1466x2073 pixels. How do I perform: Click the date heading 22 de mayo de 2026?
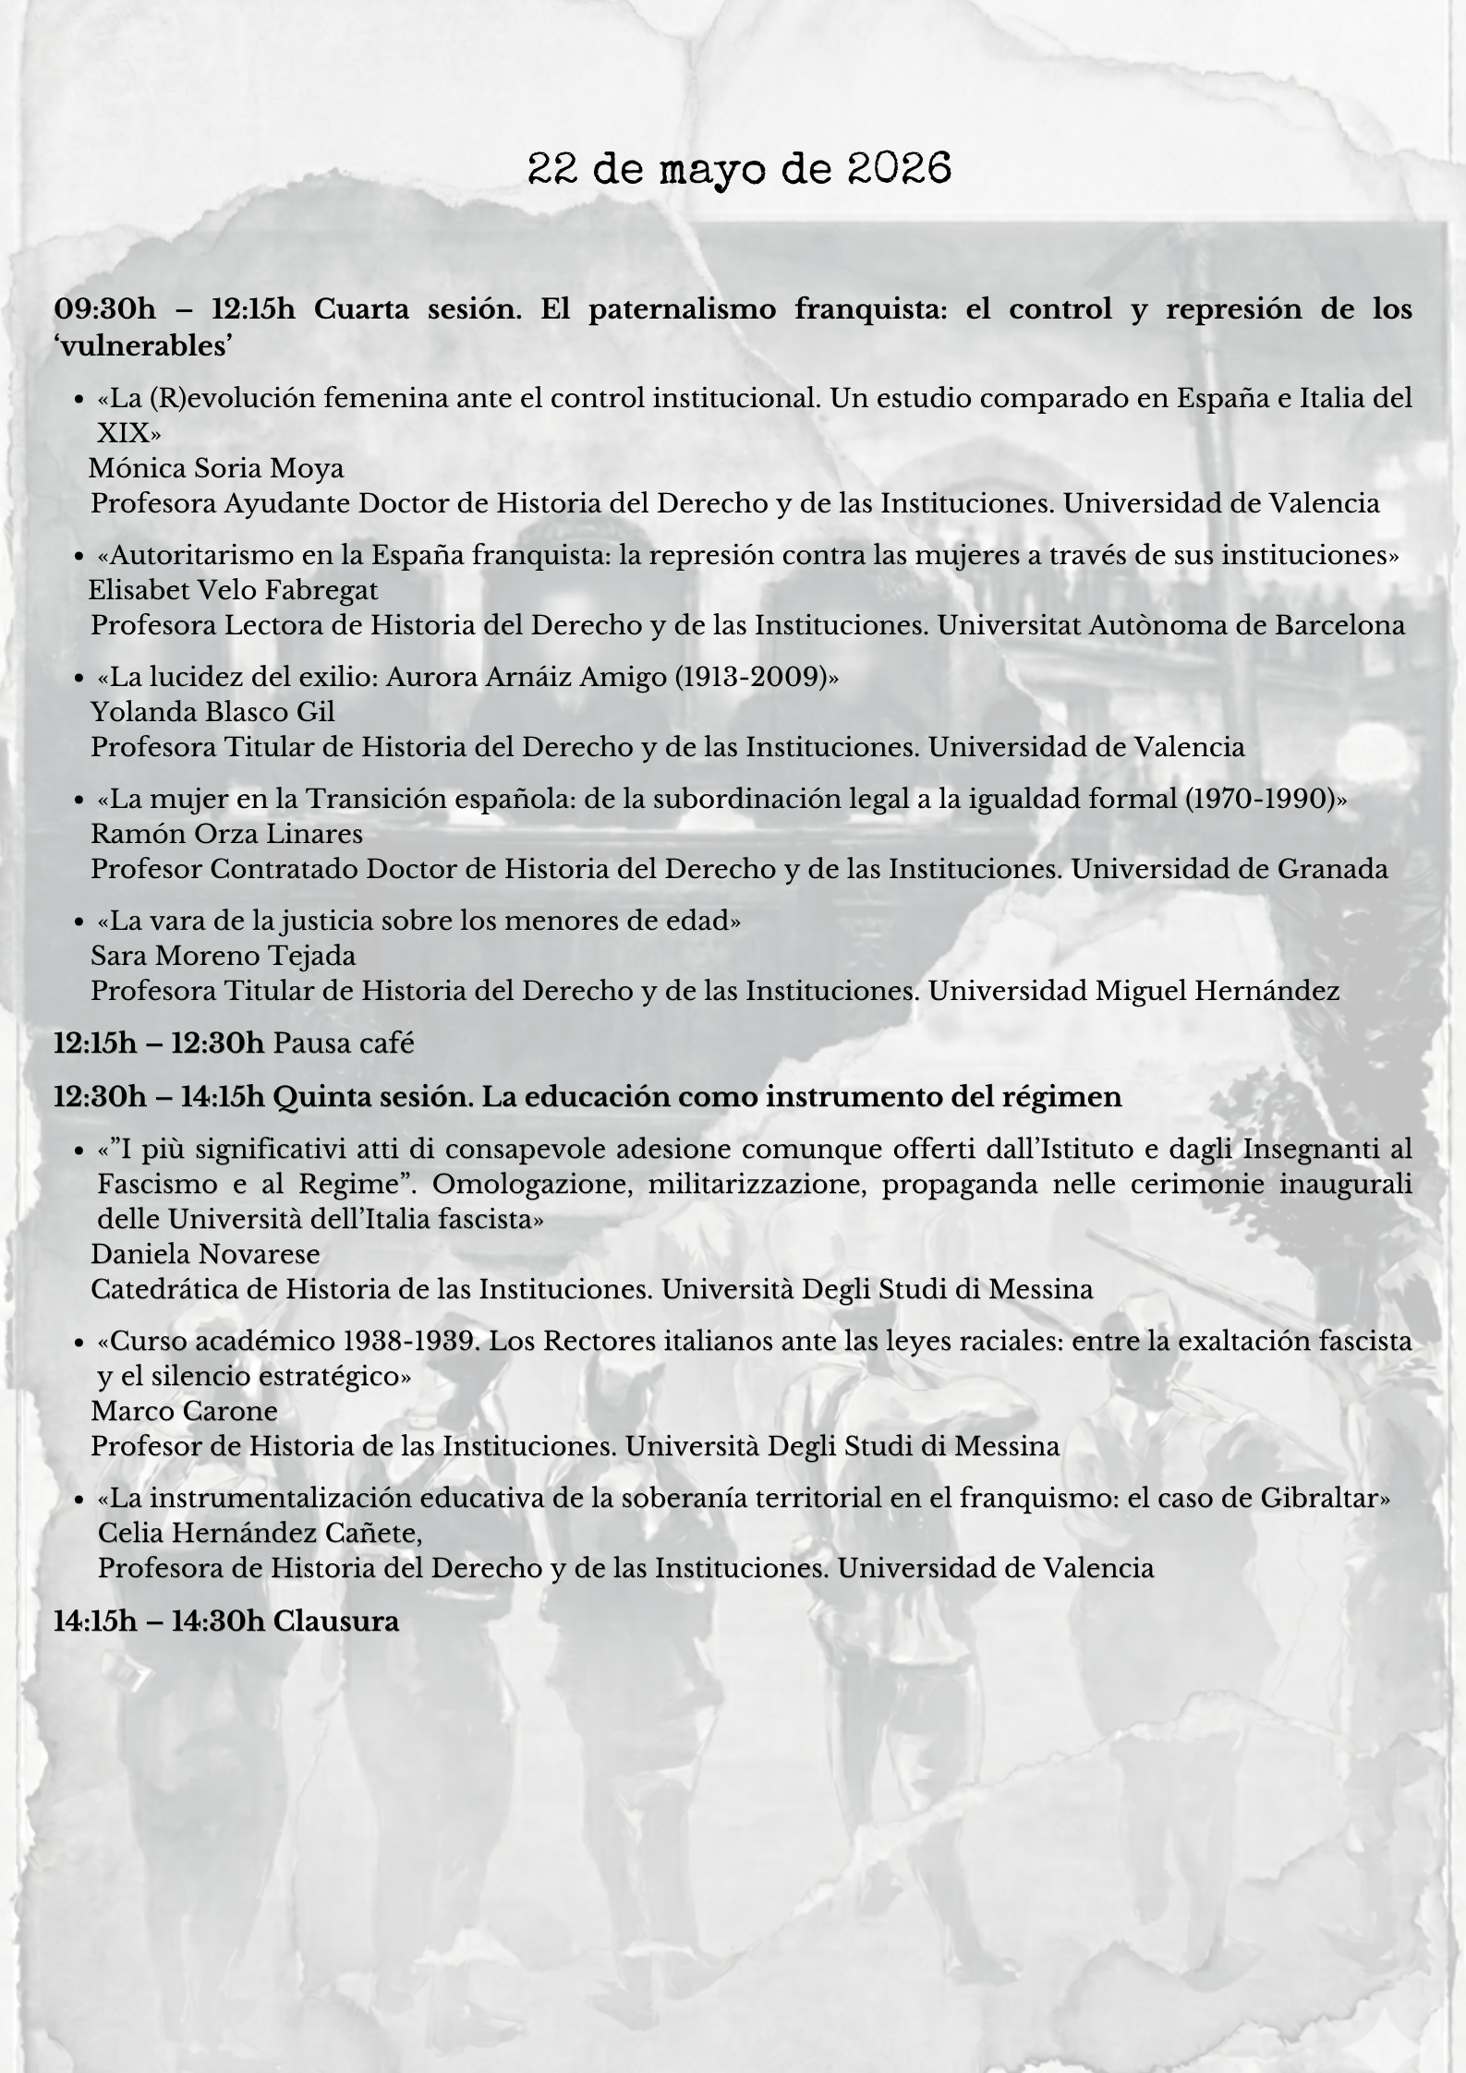[739, 170]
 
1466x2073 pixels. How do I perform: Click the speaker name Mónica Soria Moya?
[216, 469]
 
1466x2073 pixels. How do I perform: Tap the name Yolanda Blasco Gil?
[212, 712]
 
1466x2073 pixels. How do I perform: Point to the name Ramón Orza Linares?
[226, 834]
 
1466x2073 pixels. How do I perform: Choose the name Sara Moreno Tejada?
[223, 956]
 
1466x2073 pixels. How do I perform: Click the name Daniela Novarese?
[205, 1254]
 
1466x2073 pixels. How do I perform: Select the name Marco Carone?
[184, 1411]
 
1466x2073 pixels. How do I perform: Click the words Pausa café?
[345, 1043]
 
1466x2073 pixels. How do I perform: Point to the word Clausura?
[336, 1621]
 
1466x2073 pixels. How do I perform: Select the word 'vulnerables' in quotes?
[142, 345]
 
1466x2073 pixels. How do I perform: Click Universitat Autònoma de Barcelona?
[1170, 625]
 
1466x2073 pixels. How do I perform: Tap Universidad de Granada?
[1229, 869]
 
